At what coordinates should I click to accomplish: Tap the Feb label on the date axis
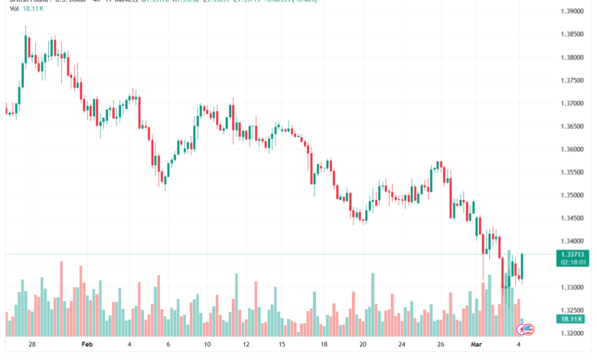(x=86, y=345)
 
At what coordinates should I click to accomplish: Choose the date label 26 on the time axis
(x=439, y=345)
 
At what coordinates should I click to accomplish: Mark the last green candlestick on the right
(x=522, y=265)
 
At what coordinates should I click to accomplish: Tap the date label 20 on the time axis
(x=362, y=345)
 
